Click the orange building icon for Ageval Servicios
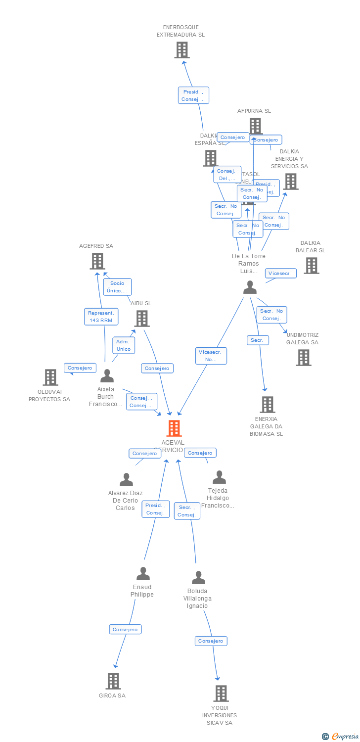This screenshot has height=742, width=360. (x=174, y=428)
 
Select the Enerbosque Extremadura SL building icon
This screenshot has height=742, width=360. (x=182, y=50)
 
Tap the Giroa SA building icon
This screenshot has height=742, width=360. (x=113, y=681)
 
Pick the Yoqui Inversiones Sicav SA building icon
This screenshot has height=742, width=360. (x=221, y=694)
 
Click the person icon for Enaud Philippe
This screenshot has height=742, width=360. (x=143, y=574)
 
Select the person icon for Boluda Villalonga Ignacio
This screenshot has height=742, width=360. (x=198, y=578)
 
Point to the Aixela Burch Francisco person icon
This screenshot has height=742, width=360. (x=107, y=376)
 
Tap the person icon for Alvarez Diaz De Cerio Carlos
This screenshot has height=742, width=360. (x=127, y=480)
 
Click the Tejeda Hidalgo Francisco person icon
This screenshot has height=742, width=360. (x=219, y=477)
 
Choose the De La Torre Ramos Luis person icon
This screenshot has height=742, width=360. (x=250, y=287)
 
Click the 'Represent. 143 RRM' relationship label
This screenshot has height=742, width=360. (x=101, y=317)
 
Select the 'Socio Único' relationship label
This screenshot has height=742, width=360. (x=117, y=287)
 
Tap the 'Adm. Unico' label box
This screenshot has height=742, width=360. (x=124, y=345)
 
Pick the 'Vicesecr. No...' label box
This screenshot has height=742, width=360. (x=211, y=356)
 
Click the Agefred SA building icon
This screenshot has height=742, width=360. (x=97, y=261)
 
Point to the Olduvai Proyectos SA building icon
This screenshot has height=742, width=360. (x=50, y=377)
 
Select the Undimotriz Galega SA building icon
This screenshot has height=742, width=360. (x=304, y=358)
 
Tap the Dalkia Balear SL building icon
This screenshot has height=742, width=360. (x=311, y=266)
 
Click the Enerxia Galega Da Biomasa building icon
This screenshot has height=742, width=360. (x=268, y=405)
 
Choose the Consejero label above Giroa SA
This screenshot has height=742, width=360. (x=125, y=629)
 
